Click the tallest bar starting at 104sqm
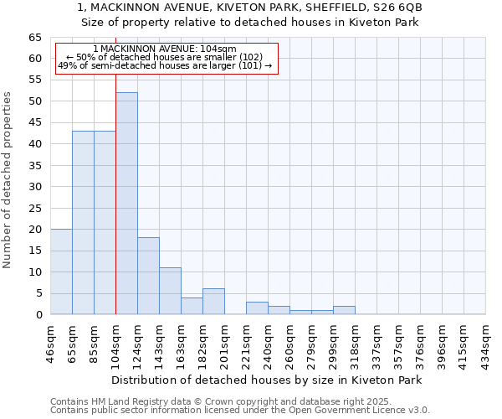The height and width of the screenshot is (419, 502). point(126,204)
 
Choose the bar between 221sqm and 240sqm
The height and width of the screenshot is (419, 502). point(257,308)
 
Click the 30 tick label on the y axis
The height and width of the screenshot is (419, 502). point(34,187)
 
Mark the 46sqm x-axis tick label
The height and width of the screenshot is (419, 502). point(50,340)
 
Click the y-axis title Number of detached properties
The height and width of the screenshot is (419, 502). point(8,180)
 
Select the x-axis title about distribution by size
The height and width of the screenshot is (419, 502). point(266,380)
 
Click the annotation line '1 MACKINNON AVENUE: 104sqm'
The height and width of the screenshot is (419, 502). point(165,49)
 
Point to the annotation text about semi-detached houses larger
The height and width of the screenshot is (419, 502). point(165,65)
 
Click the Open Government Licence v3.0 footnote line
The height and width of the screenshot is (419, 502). point(240,410)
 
